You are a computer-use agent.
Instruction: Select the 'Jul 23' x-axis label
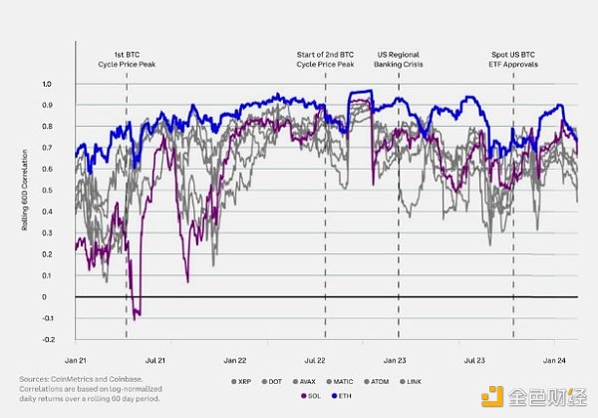coord(475,358)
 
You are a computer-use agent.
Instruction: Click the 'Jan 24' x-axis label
coord(556,358)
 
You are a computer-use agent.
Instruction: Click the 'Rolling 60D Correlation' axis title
coord(25,211)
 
